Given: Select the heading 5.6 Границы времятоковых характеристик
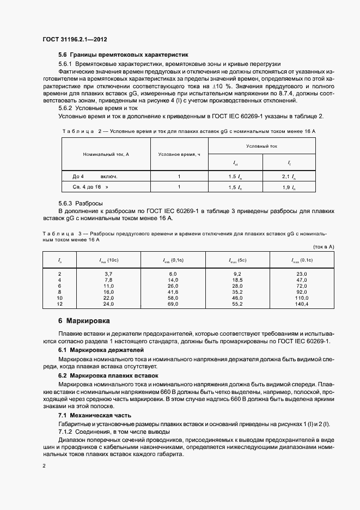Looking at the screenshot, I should [123, 55].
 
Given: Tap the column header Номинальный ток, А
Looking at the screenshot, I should [106, 154].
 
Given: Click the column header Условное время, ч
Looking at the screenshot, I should [179, 154].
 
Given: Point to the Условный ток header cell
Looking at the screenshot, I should [261, 146].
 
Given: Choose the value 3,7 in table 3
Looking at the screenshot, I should [108, 273].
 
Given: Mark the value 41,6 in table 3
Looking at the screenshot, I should [173, 292].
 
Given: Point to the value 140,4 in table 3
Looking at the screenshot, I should [302, 305].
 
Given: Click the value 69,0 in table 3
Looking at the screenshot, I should [173, 305].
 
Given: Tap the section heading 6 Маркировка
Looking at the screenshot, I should [84, 321].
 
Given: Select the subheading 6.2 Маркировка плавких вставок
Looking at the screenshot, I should [108, 375].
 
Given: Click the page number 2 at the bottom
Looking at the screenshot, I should [44, 466].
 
